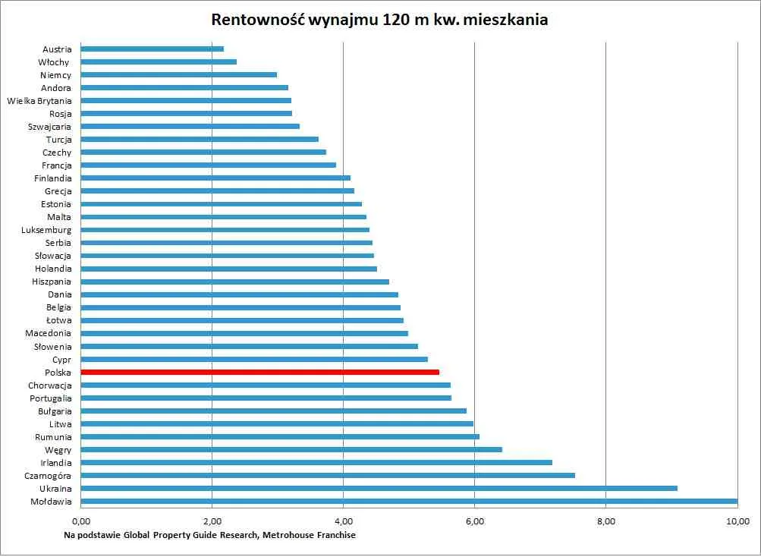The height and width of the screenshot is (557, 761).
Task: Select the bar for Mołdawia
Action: point(409,501)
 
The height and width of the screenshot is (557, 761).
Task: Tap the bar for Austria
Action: point(152,49)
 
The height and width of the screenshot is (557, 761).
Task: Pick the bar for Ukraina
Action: point(379,488)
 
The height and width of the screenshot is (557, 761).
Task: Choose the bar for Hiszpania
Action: point(234,282)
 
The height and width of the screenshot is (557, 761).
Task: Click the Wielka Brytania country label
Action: point(39,100)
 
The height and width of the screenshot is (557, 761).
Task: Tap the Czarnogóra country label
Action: point(48,476)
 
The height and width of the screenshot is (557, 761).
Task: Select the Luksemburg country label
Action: point(47,230)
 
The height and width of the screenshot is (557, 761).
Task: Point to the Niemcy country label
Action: point(55,75)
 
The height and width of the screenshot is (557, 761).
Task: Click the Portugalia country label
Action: point(51,398)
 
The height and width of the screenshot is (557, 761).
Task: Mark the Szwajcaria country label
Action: point(49,127)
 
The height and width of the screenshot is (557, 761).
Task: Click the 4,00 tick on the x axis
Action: point(343,521)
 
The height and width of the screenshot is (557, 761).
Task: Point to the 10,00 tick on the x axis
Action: point(737,521)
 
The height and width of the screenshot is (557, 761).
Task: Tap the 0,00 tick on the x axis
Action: point(81,521)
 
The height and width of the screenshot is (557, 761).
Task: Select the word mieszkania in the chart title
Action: point(511,20)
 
